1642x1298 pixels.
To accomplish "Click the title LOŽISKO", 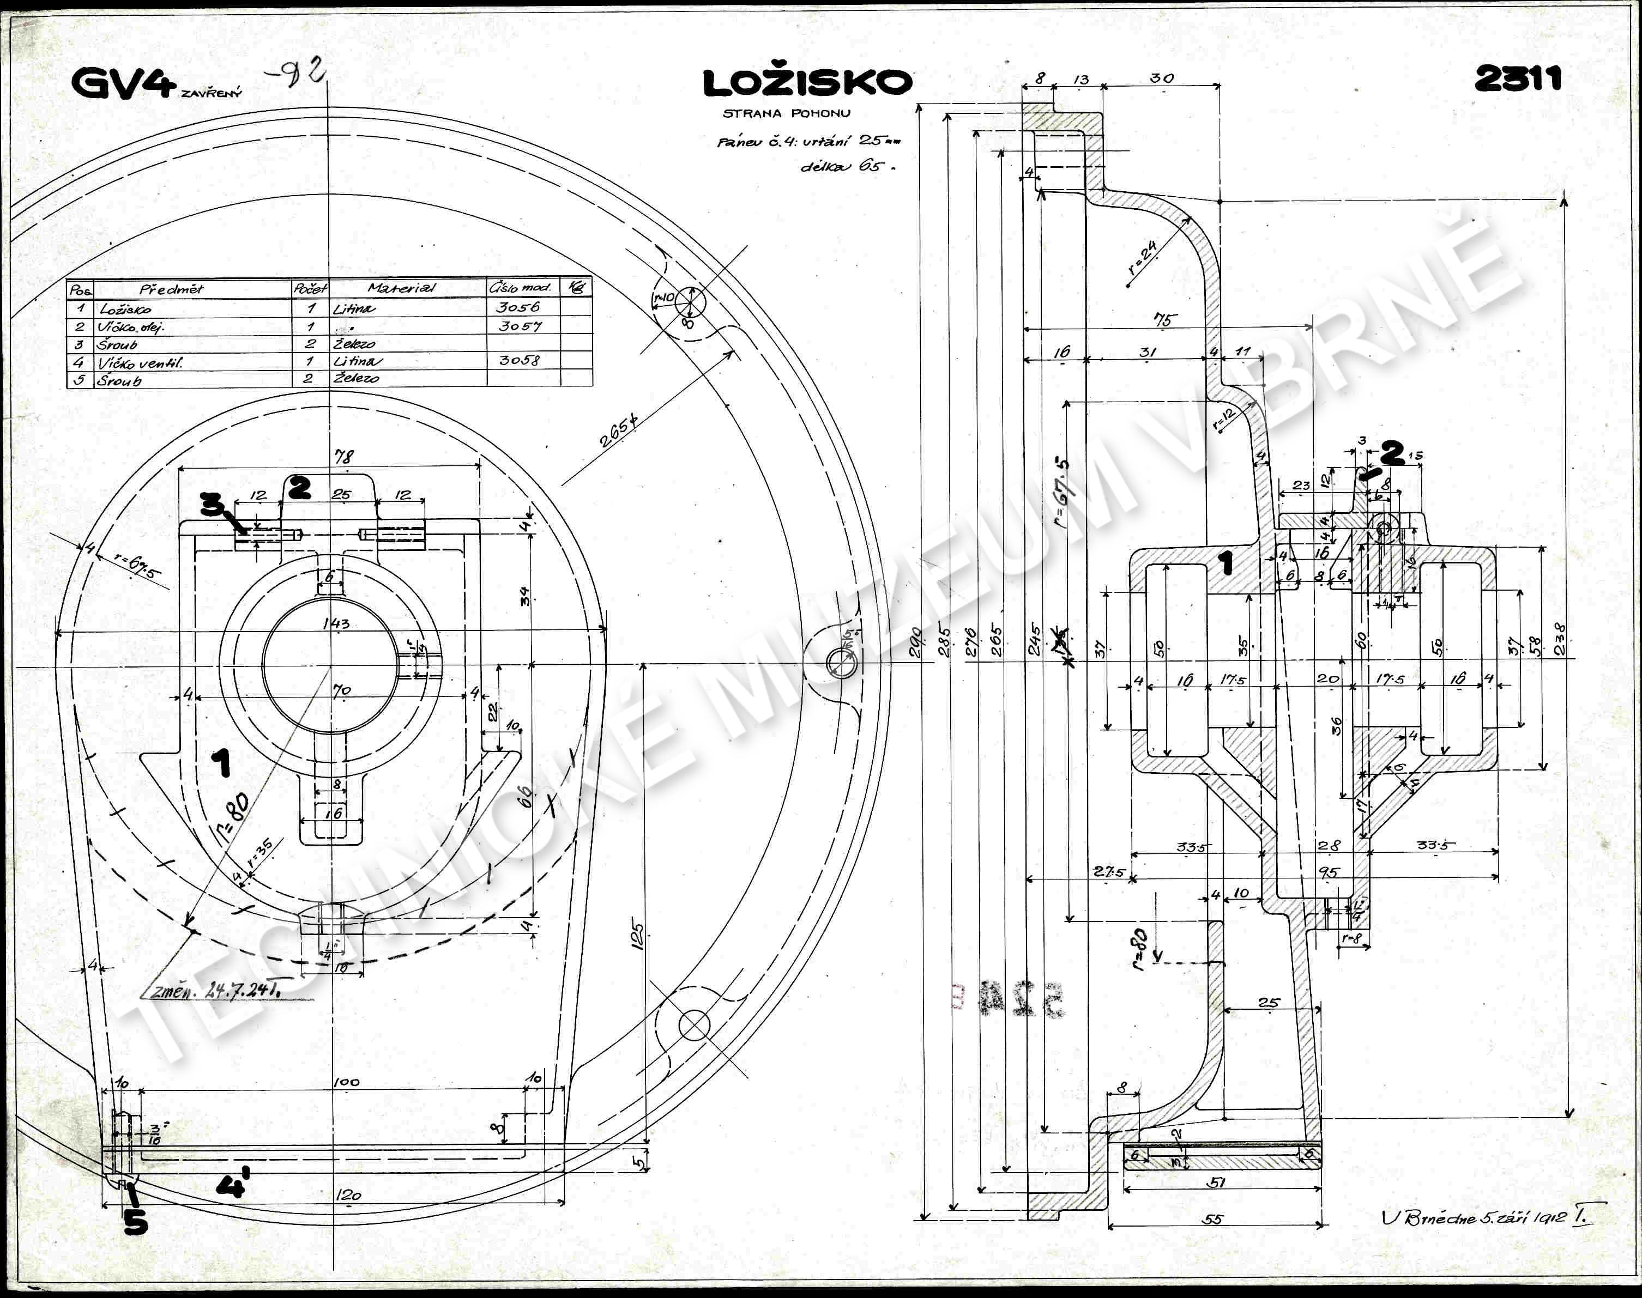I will [807, 83].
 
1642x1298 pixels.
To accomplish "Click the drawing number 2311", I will [1518, 78].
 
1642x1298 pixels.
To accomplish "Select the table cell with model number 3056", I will [518, 307].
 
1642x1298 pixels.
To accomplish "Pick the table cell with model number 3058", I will [519, 360].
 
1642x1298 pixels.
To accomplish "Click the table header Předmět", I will [171, 289].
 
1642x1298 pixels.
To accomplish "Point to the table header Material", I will [401, 288].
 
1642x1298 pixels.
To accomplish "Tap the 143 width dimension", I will [335, 623].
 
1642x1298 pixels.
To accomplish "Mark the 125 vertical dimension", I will [637, 936].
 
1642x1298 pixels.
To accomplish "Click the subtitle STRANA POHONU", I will [786, 113].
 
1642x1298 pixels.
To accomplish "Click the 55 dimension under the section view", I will [1214, 1219].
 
